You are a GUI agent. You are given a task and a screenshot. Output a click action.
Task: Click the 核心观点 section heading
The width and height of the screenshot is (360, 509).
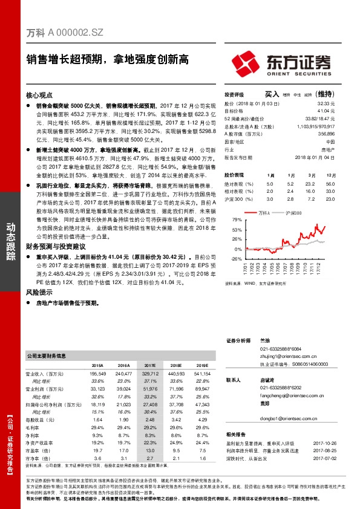(40, 95)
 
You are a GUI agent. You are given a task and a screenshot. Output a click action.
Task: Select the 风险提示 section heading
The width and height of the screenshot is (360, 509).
(40, 292)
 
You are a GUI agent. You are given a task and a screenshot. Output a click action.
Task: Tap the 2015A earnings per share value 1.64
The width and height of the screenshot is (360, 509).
(97, 420)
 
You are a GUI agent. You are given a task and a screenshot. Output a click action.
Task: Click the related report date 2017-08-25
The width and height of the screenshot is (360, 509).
(324, 449)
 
